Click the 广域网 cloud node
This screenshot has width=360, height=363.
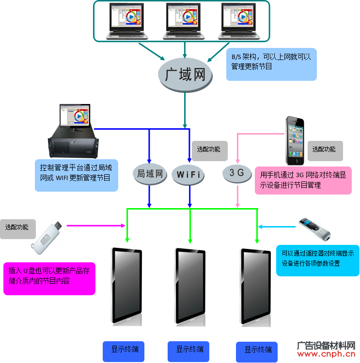click(185, 75)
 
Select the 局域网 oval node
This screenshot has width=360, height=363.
click(150, 174)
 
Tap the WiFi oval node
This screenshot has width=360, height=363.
click(188, 175)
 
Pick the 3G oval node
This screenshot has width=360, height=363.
click(237, 173)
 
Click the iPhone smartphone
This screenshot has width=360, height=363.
click(295, 141)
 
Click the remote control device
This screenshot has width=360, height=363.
click(314, 229)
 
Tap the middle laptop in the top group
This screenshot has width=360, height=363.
click(184, 21)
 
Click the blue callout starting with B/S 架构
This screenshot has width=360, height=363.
click(271, 64)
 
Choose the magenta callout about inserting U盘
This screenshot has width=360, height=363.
click(49, 278)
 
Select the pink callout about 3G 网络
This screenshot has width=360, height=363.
click(303, 181)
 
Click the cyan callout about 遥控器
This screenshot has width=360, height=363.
click(317, 260)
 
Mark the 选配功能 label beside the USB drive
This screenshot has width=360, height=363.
click(18, 229)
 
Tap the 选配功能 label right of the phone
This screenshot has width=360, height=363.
click(325, 151)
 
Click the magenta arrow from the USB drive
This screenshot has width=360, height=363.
click(96, 226)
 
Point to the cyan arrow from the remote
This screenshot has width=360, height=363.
click(277, 227)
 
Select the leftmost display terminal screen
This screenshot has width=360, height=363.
click(127, 286)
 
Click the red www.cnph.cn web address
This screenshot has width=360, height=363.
click(326, 354)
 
